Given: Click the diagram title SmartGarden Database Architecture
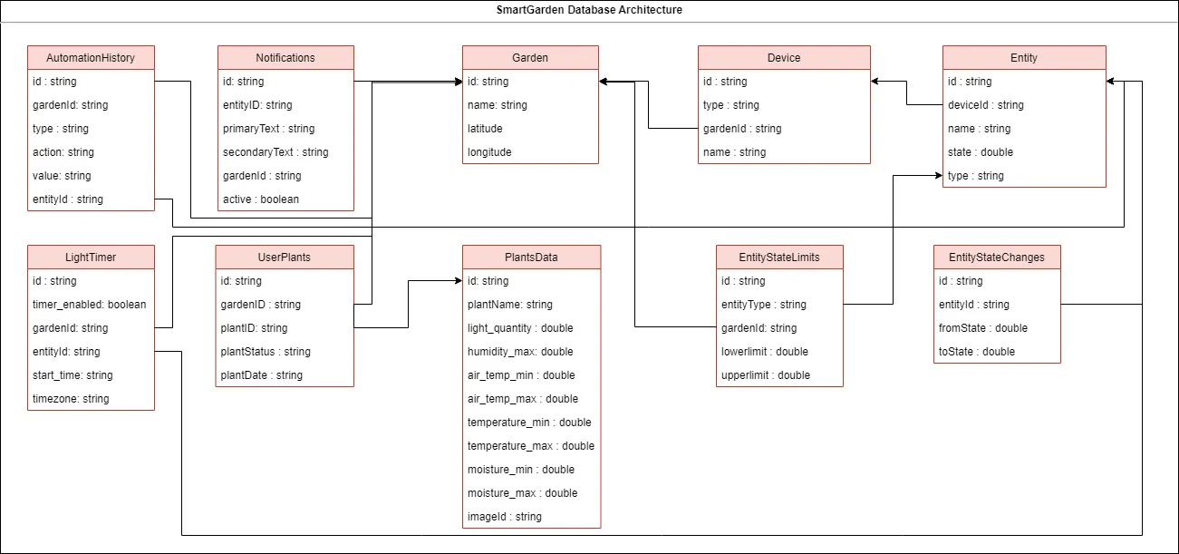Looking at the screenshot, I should pos(589,10).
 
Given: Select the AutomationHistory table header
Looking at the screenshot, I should pos(91,57).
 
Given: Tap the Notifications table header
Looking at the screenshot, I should pos(285,57).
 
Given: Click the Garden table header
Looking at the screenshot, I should pos(530,57).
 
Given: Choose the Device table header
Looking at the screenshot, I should pos(784,57).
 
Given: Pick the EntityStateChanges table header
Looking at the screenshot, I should pos(997,257).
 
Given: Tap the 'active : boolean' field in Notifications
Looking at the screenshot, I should pos(261,199).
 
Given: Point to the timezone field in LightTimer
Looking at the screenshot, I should pos(71,399).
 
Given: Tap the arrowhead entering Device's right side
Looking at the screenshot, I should pos(875,82).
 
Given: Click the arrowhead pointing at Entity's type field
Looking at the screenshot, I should pos(938,176).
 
